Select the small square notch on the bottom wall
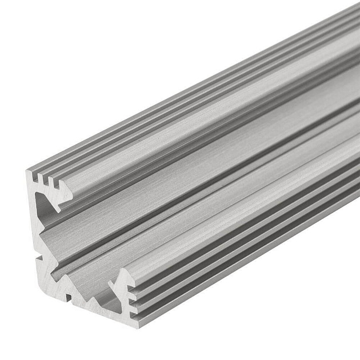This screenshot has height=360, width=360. click(69, 297)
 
